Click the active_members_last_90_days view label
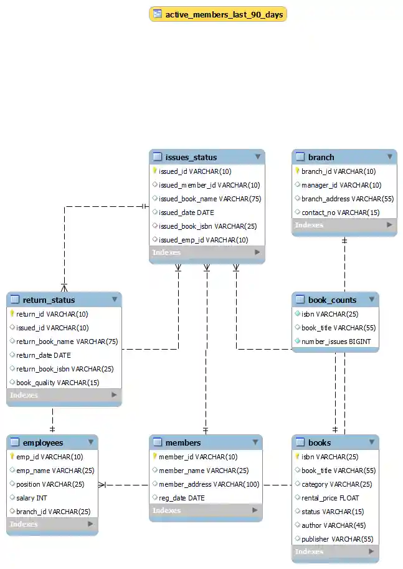[224, 14]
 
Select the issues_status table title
[191, 157]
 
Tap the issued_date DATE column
[186, 213]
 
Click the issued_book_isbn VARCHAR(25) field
[207, 226]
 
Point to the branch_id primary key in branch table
[338, 171]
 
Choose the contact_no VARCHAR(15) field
[340, 213]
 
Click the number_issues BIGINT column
[336, 342]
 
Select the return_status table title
[49, 300]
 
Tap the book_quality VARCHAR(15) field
[57, 383]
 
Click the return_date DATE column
[44, 355]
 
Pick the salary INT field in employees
[32, 498]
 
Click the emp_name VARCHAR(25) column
[55, 471]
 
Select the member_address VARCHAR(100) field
[209, 484]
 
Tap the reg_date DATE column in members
[181, 498]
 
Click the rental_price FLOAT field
[330, 498]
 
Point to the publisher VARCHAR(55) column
[337, 539]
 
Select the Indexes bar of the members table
[206, 511]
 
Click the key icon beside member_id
[154, 457]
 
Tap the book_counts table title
[332, 300]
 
